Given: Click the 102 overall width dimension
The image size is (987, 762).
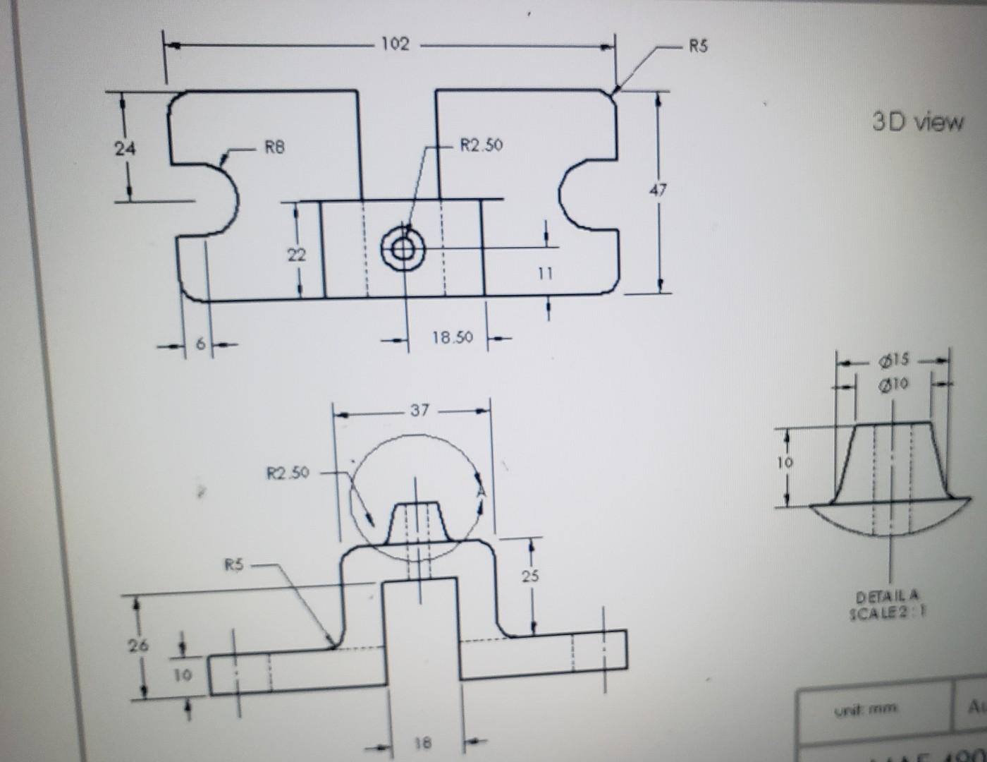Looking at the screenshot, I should (395, 44).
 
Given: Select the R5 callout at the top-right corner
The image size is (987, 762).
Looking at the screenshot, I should (698, 47).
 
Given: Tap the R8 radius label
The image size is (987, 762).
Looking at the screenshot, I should (274, 147).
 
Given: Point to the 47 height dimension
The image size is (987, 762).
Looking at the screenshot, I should (657, 190).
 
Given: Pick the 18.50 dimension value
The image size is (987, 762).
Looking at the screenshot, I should (452, 337).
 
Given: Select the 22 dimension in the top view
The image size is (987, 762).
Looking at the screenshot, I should (296, 255).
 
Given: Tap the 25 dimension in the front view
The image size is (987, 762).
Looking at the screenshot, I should (530, 576).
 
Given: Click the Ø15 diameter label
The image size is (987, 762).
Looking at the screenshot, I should (895, 361).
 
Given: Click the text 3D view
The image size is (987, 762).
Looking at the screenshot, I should (917, 122).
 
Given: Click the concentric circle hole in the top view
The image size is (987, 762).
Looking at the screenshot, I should (403, 249).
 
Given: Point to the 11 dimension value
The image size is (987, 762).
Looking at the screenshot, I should (544, 274).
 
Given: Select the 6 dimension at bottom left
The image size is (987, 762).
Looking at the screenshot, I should (200, 344).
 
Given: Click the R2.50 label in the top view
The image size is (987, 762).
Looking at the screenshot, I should (482, 145).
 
